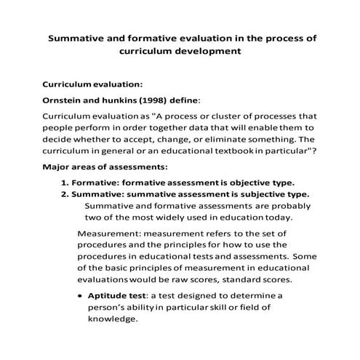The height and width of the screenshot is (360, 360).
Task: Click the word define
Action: coord(180,100)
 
